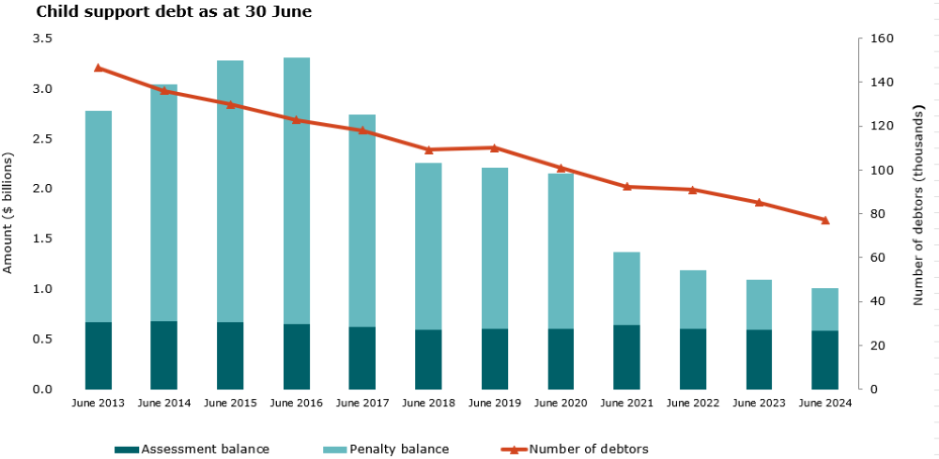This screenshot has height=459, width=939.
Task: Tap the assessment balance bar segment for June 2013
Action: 99,356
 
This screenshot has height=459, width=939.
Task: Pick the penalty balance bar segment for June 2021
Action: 626,288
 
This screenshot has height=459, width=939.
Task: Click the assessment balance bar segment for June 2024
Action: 824,360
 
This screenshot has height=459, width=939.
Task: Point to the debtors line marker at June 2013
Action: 99,68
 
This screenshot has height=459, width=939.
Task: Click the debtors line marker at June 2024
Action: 824,221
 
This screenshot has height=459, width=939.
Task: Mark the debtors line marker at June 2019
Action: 495,147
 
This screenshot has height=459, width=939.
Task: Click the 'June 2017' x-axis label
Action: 362,404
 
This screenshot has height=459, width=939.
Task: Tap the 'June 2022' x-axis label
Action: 692,404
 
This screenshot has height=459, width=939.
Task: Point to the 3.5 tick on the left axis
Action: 42,39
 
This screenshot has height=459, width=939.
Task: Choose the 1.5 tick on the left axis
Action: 42,239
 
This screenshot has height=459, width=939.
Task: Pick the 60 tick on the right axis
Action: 877,257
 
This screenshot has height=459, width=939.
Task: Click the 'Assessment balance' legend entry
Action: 192,450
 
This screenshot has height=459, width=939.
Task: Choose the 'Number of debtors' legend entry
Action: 575,450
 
